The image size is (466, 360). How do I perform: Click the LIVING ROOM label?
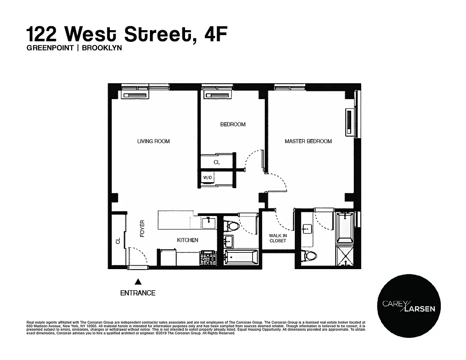coord(154,141)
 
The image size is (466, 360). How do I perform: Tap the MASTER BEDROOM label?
coord(308,141)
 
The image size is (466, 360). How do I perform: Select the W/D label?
coord(207,178)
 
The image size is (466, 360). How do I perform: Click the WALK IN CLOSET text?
coord(277,238)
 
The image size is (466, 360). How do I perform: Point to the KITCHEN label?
coord(187,240)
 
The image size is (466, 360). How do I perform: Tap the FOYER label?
coord(142,229)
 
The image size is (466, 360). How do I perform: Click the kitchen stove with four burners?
coord(208,258)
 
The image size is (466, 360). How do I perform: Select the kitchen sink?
coord(209,222)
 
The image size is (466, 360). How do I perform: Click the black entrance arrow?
coord(138,282)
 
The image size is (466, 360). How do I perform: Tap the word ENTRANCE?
coord(138,293)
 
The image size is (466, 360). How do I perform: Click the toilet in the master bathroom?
coord(310,256)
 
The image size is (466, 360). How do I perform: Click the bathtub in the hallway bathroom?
coord(241,259)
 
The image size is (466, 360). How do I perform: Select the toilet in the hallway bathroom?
coord(232,225)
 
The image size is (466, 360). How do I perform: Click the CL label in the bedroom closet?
coord(217,162)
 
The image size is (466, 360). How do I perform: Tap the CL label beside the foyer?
coord(118,241)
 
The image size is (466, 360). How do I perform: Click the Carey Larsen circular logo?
coord(409,306)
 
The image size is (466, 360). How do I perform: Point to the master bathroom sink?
coord(307,229)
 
